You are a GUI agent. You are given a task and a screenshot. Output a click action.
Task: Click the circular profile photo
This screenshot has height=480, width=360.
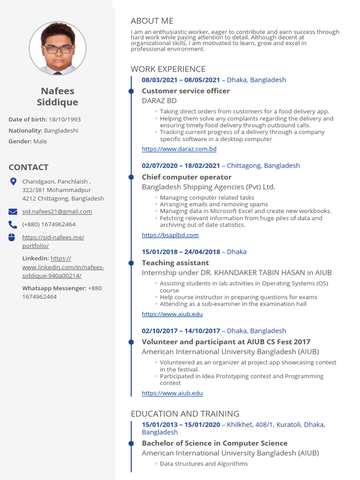[x=58, y=49]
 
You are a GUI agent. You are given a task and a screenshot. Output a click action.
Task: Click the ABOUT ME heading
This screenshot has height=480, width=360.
[x=152, y=21]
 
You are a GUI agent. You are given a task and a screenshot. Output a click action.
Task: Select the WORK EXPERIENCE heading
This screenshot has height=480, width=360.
[x=168, y=69]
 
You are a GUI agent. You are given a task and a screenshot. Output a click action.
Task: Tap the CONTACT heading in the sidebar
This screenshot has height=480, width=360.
[x=28, y=167]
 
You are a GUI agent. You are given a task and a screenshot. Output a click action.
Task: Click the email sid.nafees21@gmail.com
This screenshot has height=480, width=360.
[x=57, y=211]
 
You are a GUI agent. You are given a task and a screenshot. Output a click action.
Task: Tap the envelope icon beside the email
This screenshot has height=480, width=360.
[x=13, y=211]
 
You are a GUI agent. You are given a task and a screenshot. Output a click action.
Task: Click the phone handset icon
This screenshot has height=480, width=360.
[x=13, y=225]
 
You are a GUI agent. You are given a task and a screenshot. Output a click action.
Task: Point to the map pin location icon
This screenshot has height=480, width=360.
[x=13, y=181]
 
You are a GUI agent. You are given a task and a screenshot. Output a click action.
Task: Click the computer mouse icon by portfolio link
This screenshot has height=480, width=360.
[x=12, y=237]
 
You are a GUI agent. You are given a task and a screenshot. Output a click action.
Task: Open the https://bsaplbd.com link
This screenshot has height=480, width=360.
[x=170, y=235]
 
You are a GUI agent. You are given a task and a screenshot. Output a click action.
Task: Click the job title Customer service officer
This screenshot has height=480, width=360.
[x=186, y=91]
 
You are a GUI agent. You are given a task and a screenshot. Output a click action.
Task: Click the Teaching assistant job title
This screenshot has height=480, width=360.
[x=175, y=263]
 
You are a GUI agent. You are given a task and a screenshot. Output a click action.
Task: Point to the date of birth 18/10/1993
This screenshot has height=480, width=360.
[x=65, y=120]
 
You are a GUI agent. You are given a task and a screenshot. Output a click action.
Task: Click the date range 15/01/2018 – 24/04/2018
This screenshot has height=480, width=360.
[x=181, y=252]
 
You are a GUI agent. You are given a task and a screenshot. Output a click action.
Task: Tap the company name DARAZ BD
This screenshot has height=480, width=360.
[x=159, y=100]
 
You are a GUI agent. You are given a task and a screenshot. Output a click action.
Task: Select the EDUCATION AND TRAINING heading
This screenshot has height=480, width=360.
[x=185, y=413]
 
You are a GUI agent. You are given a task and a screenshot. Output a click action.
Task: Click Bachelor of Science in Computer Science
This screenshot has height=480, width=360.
[x=215, y=443]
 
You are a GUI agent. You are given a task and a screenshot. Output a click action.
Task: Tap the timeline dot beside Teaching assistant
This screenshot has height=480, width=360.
[x=131, y=263]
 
